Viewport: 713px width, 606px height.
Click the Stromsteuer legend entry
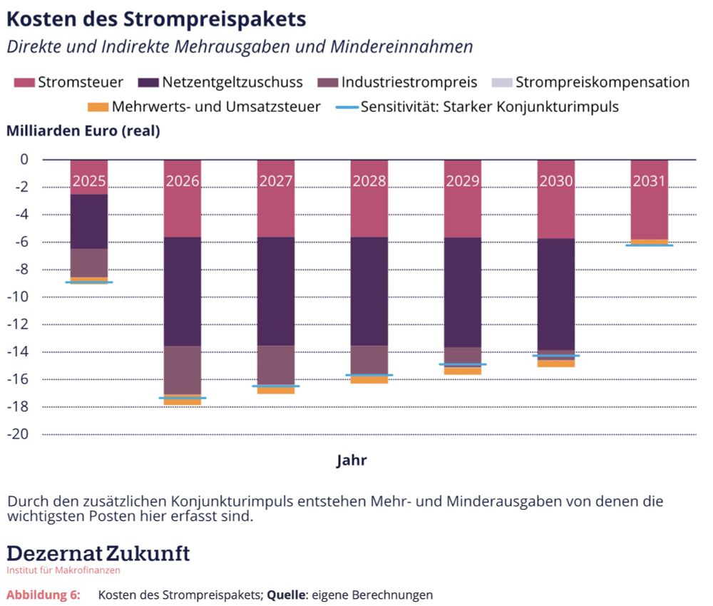click(68, 83)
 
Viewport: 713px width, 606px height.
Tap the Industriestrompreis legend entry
click(399, 83)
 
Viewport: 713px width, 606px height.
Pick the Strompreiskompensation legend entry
click(592, 83)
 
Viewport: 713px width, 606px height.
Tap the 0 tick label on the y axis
click(24, 160)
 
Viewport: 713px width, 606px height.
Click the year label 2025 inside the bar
click(88, 181)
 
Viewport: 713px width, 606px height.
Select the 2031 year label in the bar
click(649, 181)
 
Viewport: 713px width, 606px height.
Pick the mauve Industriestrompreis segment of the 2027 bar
click(275, 365)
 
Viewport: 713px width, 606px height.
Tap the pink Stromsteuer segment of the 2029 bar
click(462, 214)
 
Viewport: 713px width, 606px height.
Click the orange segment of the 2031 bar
click(649, 242)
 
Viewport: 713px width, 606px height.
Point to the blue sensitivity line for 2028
click(369, 375)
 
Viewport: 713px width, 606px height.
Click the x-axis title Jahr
click(352, 461)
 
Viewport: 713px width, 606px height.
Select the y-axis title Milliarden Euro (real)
click(83, 131)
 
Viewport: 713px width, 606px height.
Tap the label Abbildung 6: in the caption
click(43, 595)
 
